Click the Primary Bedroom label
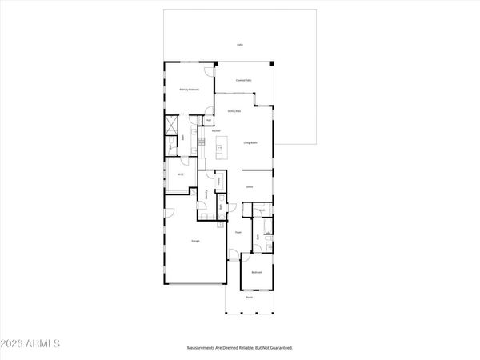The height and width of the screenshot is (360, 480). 189,90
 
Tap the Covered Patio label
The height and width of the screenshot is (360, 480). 244,81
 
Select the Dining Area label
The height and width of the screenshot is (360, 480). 234,113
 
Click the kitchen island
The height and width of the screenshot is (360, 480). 222,146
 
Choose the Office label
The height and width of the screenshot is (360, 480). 250,186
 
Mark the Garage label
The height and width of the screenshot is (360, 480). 194,240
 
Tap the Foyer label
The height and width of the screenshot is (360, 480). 238,233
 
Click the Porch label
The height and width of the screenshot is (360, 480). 249,296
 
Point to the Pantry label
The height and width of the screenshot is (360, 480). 218,181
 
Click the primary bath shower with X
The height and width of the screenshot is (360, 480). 171,126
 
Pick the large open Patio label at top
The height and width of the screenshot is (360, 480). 239,45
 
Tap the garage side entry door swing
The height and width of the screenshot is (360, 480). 169,213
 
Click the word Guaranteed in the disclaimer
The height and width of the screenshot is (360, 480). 279,348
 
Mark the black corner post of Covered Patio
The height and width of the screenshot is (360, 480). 272,64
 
